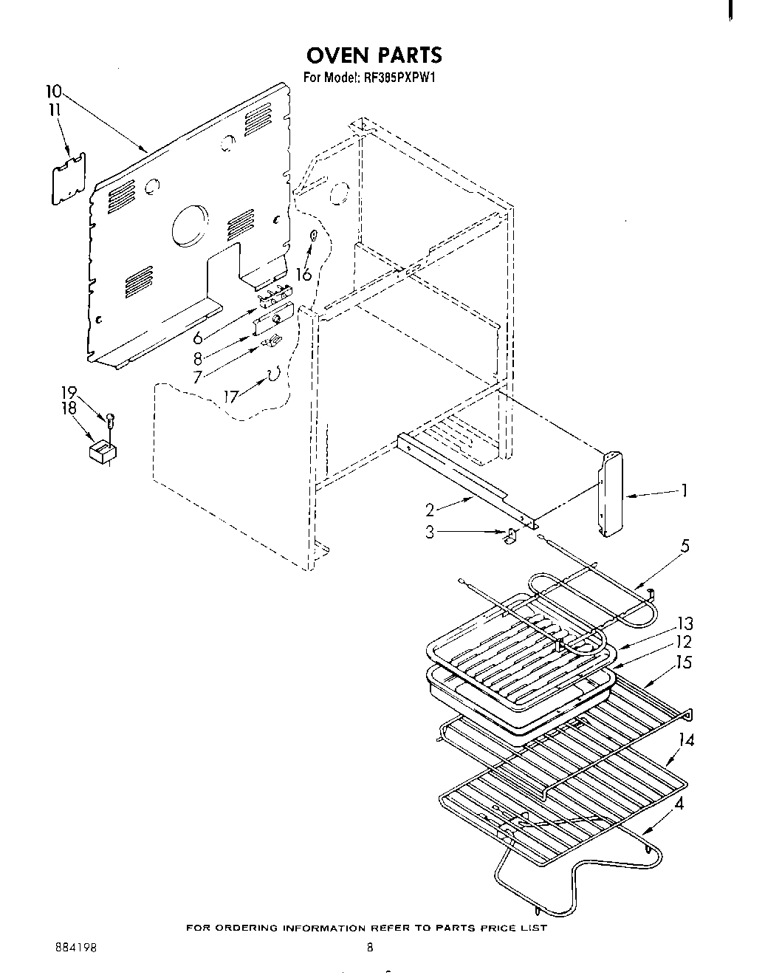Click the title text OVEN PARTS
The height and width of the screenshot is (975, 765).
tap(374, 55)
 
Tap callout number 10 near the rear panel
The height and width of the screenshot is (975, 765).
tap(53, 92)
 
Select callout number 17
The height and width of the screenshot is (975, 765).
tap(231, 397)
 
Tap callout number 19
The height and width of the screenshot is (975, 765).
tap(69, 393)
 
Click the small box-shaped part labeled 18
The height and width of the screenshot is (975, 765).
tap(103, 452)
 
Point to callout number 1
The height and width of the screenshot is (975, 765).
tap(685, 490)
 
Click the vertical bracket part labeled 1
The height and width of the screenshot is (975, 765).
tap(611, 495)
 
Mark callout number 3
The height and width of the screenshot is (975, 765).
tap(430, 532)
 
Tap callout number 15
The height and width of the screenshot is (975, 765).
tap(685, 663)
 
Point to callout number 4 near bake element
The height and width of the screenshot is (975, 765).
tap(680, 804)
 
